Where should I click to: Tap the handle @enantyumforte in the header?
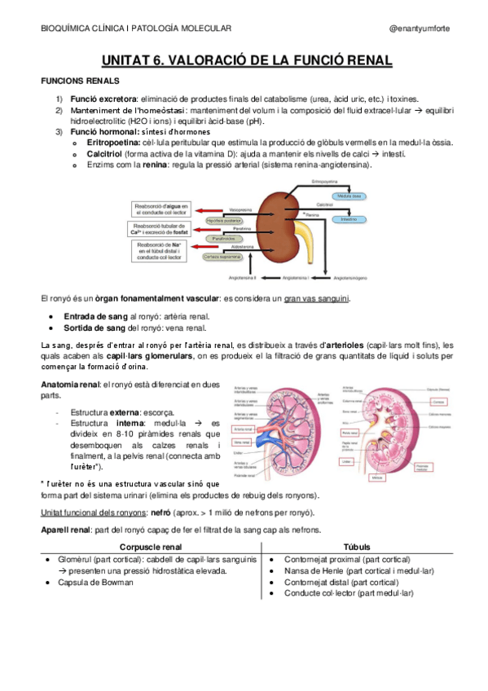coord(419,29)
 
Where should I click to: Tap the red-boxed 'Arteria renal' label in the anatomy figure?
coord(243,429)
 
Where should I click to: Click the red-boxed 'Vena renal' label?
coord(243,440)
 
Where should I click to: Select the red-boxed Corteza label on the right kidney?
coord(438,403)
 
